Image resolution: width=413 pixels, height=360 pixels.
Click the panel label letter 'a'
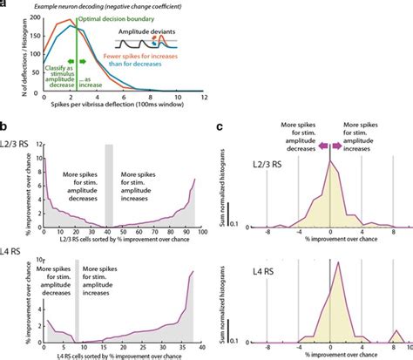point(5,6)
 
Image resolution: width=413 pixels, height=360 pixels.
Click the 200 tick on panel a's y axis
point(33,27)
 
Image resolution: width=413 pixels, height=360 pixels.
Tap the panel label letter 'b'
point(5,125)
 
